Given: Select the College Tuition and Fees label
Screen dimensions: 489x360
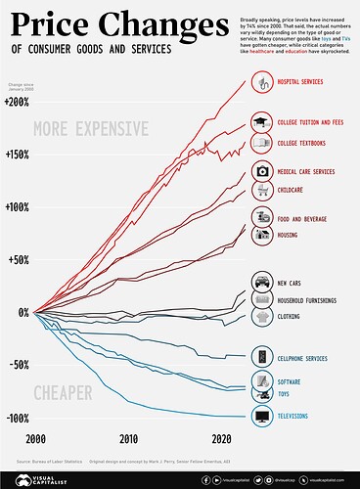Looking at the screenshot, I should click(x=310, y=122).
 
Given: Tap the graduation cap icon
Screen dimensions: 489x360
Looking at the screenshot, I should click(x=262, y=122).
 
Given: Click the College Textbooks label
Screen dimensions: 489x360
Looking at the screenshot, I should click(x=304, y=144).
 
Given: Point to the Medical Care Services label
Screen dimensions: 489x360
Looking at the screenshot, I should click(x=308, y=171).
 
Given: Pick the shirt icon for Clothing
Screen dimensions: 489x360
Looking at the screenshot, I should click(x=262, y=317).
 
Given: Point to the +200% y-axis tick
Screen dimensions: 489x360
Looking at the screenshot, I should click(x=17, y=102).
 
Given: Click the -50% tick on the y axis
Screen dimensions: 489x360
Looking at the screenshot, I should click(x=18, y=365).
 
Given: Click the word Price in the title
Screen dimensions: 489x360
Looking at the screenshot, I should click(x=54, y=22).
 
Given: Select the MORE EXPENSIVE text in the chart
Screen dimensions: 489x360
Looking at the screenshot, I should click(x=90, y=128).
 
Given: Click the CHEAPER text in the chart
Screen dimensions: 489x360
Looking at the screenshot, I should click(x=63, y=393).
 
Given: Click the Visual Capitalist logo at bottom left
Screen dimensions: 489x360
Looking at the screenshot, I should click(x=32, y=479).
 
